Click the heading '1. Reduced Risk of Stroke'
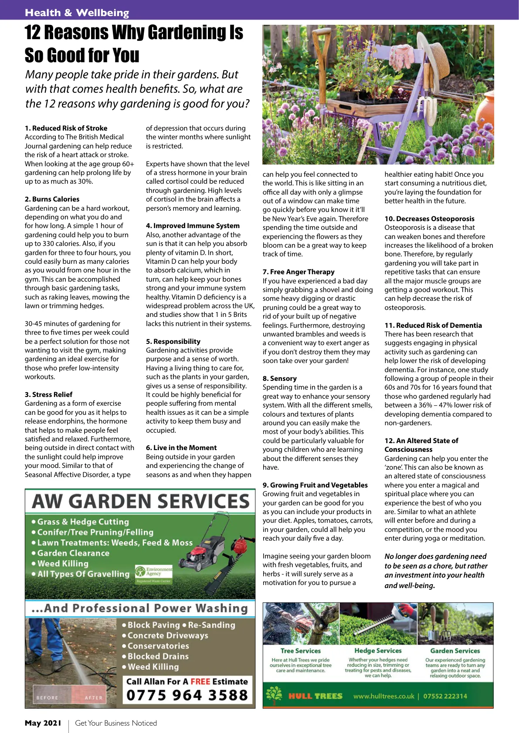click(66, 128)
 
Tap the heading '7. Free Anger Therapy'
click(299, 272)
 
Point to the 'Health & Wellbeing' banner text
click(77, 13)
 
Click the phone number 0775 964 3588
click(187, 695)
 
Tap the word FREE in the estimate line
click(200, 681)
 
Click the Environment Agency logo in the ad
click(153, 573)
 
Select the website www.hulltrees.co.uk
click(383, 696)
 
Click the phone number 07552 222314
click(445, 696)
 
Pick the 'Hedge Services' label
click(378, 650)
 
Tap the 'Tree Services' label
click(300, 651)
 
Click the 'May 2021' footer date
click(43, 723)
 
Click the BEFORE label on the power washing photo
click(47, 697)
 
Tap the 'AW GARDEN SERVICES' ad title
click(140, 501)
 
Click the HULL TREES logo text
click(315, 696)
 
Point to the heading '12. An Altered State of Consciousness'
click(421, 445)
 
